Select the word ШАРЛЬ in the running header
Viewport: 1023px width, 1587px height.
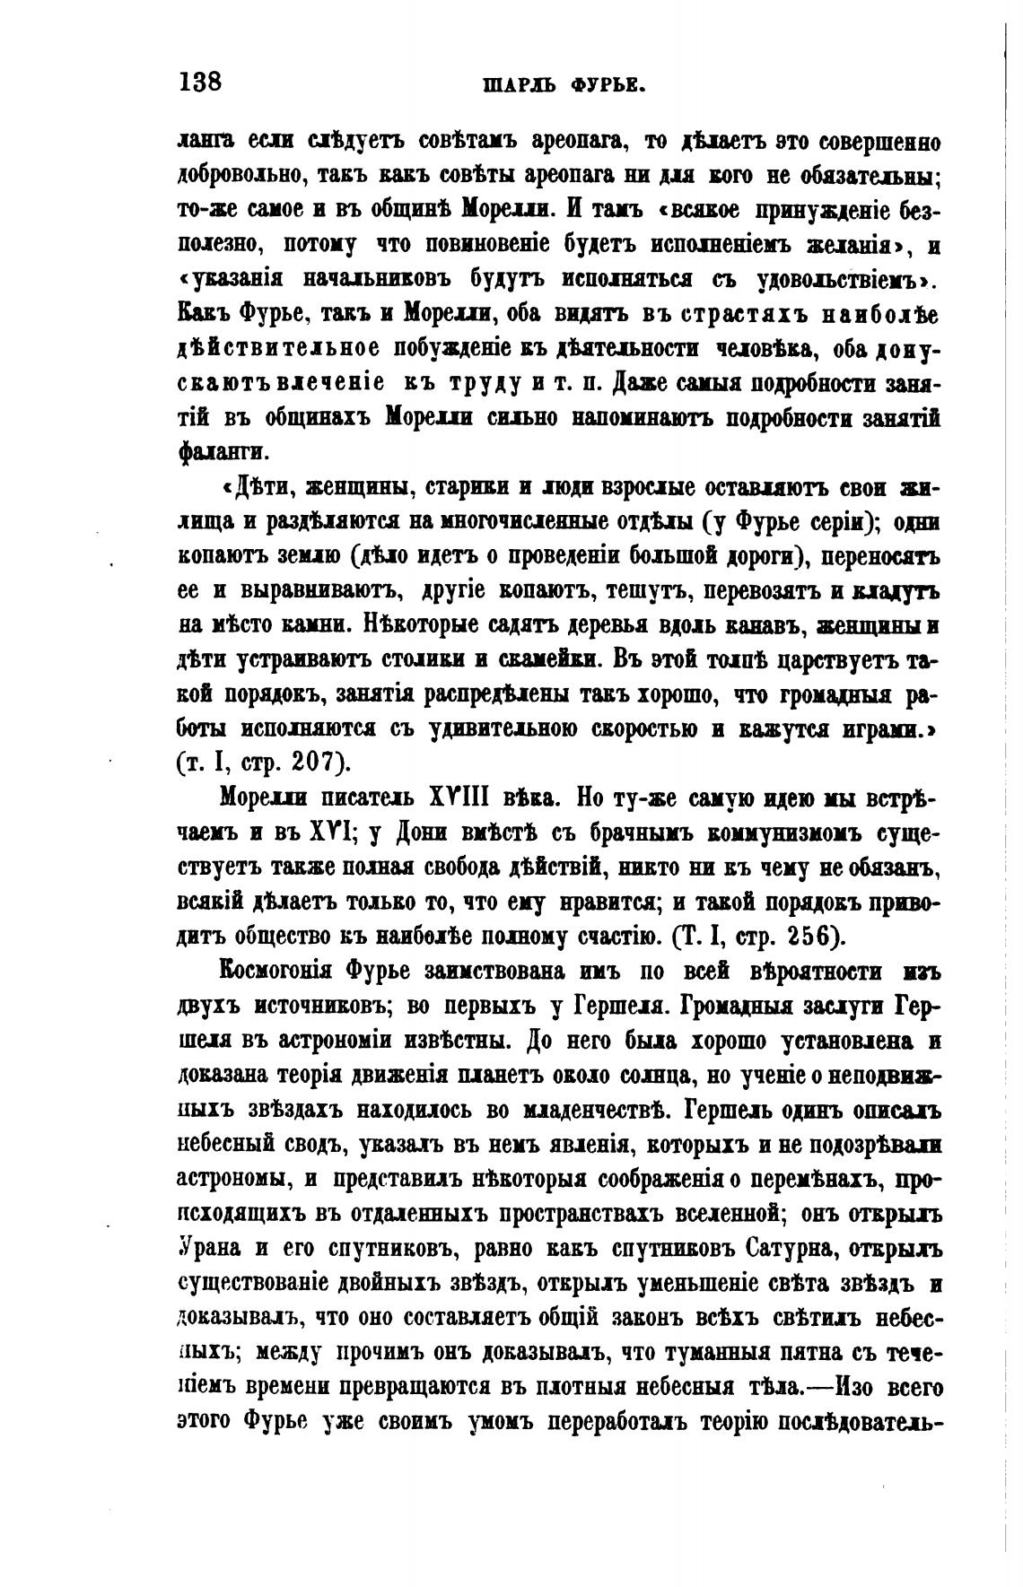[x=519, y=87]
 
